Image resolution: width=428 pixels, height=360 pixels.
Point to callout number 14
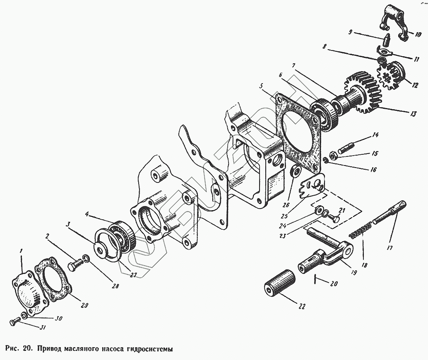click(x=375, y=134)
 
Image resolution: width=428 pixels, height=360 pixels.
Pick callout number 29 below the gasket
click(x=84, y=306)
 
